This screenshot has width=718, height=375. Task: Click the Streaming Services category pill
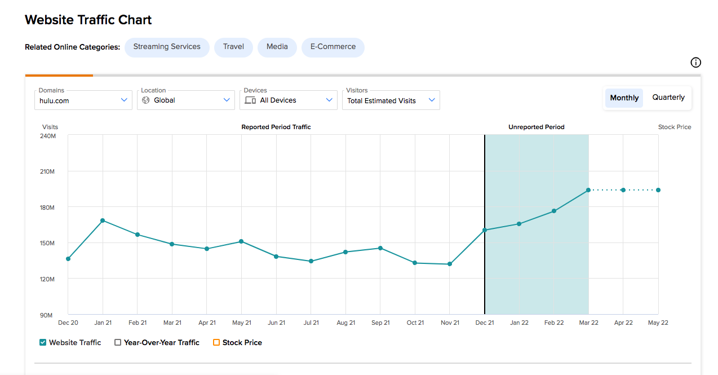pyautogui.click(x=167, y=47)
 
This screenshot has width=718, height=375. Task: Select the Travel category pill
pyautogui.click(x=233, y=47)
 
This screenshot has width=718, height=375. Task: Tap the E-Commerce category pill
pyautogui.click(x=333, y=47)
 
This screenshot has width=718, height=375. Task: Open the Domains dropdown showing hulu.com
pyautogui.click(x=83, y=100)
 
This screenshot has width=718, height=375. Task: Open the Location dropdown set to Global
pyautogui.click(x=186, y=100)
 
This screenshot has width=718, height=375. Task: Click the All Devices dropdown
pyautogui.click(x=289, y=100)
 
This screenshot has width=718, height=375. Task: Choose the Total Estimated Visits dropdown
pyautogui.click(x=391, y=100)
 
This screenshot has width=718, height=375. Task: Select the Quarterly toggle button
pyautogui.click(x=668, y=98)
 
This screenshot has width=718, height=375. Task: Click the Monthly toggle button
pyautogui.click(x=624, y=98)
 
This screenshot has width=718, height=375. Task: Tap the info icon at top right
pyautogui.click(x=695, y=62)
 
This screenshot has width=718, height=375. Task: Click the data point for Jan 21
pyautogui.click(x=103, y=220)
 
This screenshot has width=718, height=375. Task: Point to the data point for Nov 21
pyautogui.click(x=450, y=264)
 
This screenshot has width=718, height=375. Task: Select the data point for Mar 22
pyautogui.click(x=588, y=190)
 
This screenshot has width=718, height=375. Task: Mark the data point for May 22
pyautogui.click(x=658, y=190)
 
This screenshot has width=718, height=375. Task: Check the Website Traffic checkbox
pyautogui.click(x=43, y=342)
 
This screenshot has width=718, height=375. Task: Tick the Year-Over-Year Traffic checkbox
pyautogui.click(x=118, y=342)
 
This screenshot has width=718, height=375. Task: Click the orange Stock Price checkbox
pyautogui.click(x=216, y=342)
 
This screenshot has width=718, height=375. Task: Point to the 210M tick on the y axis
pyautogui.click(x=47, y=171)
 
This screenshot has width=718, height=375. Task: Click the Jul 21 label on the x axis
pyautogui.click(x=311, y=323)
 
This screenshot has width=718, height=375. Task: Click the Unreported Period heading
pyautogui.click(x=537, y=127)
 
